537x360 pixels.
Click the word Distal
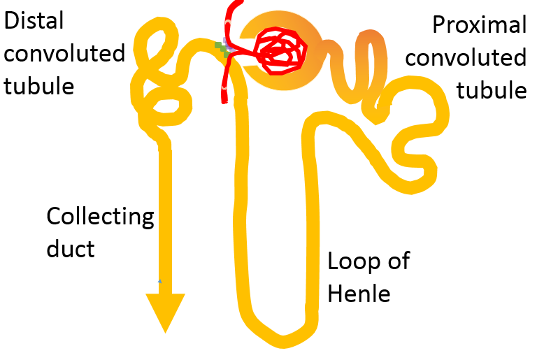tap(34, 20)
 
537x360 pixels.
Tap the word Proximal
tap(479, 25)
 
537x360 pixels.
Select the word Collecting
tap(99, 217)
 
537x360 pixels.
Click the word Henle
tap(359, 294)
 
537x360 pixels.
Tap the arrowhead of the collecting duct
tap(165, 310)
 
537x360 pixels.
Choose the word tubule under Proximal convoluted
tap(491, 91)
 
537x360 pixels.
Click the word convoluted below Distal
tap(64, 53)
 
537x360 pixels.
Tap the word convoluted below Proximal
tap(466, 58)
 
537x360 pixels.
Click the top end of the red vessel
tap(229, 6)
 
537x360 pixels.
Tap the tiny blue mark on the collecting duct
tap(159, 281)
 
